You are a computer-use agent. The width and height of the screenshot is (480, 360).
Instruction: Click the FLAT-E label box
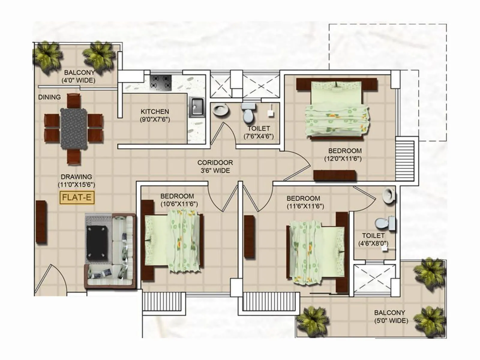pyautogui.click(x=77, y=197)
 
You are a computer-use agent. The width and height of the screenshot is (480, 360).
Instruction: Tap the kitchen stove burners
pyautogui.click(x=160, y=82)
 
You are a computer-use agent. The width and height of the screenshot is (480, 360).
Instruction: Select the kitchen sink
pyautogui.click(x=197, y=107)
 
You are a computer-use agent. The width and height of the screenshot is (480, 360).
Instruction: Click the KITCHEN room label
pyautogui.click(x=155, y=111)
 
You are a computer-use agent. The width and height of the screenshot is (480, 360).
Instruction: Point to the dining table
pyautogui.click(x=74, y=128)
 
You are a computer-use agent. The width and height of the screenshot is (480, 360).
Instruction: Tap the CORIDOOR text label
pyautogui.click(x=215, y=163)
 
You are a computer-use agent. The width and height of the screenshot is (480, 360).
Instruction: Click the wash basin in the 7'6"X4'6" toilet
pyautogui.click(x=220, y=110)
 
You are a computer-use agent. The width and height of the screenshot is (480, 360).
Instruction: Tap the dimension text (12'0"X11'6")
pyautogui.click(x=343, y=159)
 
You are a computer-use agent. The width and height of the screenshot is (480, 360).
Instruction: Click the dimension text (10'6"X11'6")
pyautogui.click(x=179, y=204)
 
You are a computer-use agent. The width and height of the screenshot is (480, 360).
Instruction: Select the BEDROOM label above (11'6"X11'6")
pyautogui.click(x=303, y=198)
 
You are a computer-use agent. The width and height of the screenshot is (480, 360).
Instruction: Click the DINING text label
pyautogui.click(x=49, y=97)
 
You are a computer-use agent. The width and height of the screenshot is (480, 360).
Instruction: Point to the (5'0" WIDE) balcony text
pyautogui.click(x=391, y=321)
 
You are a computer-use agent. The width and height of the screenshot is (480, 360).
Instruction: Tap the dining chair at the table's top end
pyautogui.click(x=74, y=100)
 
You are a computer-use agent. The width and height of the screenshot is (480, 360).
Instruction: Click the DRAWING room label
pyautogui.click(x=76, y=177)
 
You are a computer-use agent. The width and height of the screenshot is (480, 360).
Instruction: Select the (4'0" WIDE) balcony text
pyautogui.click(x=78, y=80)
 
